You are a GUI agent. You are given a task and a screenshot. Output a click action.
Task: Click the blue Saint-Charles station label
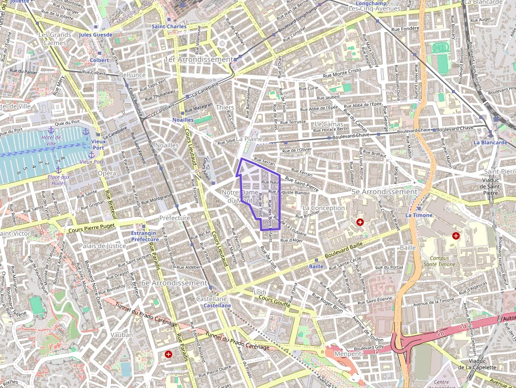[x=169, y=26]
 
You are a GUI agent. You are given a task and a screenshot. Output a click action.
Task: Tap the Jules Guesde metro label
[x=96, y=35]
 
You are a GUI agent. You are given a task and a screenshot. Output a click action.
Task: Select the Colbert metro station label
[x=99, y=60]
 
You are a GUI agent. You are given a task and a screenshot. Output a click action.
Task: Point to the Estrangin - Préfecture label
[x=144, y=236]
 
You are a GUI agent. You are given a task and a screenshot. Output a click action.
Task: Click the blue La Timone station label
[x=419, y=215]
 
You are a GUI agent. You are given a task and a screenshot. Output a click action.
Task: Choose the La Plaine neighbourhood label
[x=249, y=139]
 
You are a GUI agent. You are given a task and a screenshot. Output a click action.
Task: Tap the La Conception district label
[x=324, y=208]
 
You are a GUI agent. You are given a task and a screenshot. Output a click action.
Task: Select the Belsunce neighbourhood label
[x=132, y=75]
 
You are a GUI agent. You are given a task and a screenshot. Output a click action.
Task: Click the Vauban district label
[x=122, y=334]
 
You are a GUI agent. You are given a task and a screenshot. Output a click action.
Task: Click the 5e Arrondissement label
[x=384, y=192]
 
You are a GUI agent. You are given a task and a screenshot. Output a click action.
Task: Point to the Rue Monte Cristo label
[x=342, y=73]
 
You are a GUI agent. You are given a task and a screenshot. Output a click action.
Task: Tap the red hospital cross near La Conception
[x=360, y=223]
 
